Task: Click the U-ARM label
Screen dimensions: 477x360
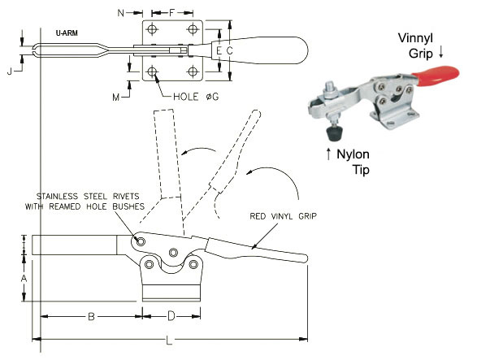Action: [x=67, y=33]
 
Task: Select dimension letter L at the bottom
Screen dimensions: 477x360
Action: [x=169, y=340]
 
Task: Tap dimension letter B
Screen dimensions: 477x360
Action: [x=91, y=317]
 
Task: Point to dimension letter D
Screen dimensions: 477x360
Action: [x=171, y=316]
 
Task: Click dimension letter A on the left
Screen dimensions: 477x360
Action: [x=24, y=278]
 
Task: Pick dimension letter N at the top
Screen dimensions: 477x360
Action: [x=121, y=13]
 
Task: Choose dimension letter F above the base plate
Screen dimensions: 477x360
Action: [x=172, y=13]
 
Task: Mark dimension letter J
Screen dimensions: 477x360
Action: [x=10, y=72]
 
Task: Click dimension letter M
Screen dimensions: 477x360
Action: [x=116, y=98]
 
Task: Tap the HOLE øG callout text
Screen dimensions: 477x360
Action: [x=196, y=97]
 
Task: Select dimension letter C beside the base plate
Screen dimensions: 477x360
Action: [x=229, y=51]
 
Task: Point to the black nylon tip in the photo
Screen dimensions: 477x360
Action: [x=335, y=133]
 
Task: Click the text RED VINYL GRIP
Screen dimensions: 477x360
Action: [x=284, y=216]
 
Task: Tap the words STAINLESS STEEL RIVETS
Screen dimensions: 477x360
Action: [x=88, y=197]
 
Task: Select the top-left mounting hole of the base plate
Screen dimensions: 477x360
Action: [x=151, y=29]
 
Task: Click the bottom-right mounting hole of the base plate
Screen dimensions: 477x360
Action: [x=193, y=72]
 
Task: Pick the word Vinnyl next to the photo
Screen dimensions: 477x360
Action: [x=415, y=38]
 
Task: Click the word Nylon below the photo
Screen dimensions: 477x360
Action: [x=353, y=154]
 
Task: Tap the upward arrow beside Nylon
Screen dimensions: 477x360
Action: [x=328, y=154]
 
